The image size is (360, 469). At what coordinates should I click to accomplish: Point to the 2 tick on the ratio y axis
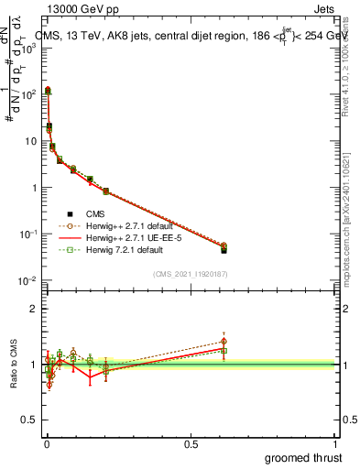click(x=37, y=309)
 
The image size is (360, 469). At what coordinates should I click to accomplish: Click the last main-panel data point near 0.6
click(x=224, y=248)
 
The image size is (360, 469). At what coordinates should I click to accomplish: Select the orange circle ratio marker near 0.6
click(x=224, y=341)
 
